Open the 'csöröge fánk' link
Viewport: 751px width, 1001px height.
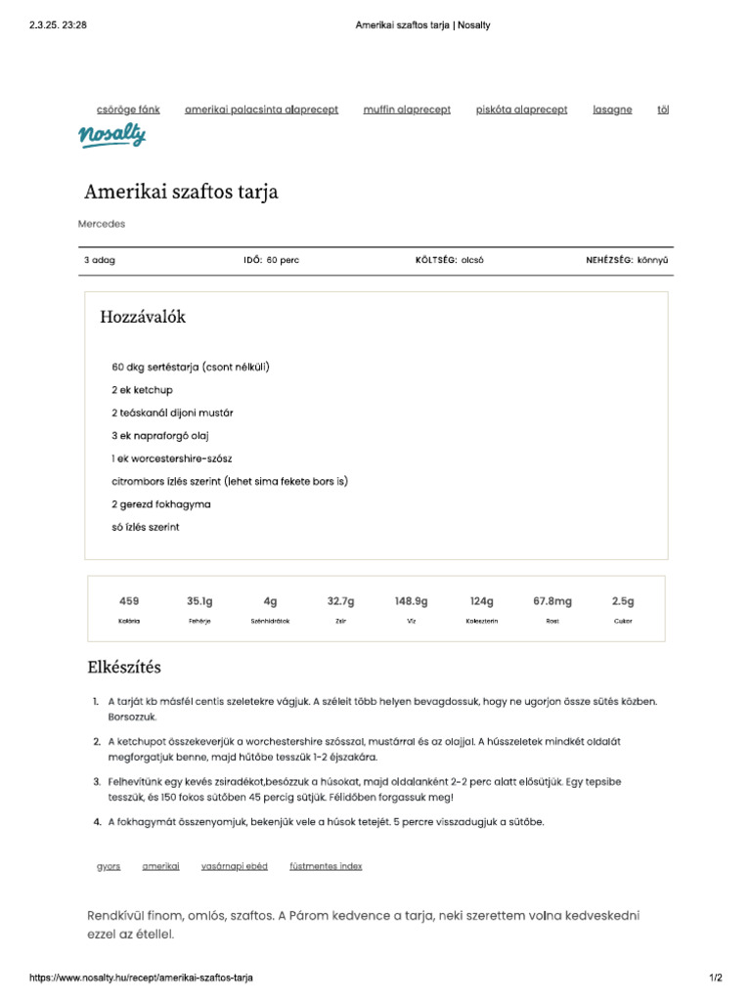click(128, 110)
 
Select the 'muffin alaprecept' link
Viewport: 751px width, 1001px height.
click(407, 110)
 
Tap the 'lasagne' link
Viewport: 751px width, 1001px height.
click(612, 110)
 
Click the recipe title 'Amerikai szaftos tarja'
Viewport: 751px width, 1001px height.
click(181, 192)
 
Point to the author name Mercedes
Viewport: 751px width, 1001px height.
click(102, 224)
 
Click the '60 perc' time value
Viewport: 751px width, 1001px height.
click(283, 261)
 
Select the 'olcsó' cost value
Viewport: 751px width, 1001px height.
click(472, 261)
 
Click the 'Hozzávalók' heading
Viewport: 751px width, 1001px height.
click(143, 318)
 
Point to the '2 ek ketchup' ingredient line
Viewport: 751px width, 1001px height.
click(143, 390)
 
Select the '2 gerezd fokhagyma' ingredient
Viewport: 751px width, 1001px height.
click(161, 504)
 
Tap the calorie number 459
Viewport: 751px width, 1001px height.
click(129, 601)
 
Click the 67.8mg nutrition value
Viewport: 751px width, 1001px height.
click(552, 601)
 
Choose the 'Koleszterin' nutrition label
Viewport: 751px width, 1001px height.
click(482, 622)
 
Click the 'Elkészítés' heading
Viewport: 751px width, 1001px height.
click(124, 668)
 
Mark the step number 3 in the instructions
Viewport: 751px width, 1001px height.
click(96, 782)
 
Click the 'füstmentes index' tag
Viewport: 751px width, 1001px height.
click(326, 866)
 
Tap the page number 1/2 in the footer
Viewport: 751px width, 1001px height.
click(715, 979)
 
